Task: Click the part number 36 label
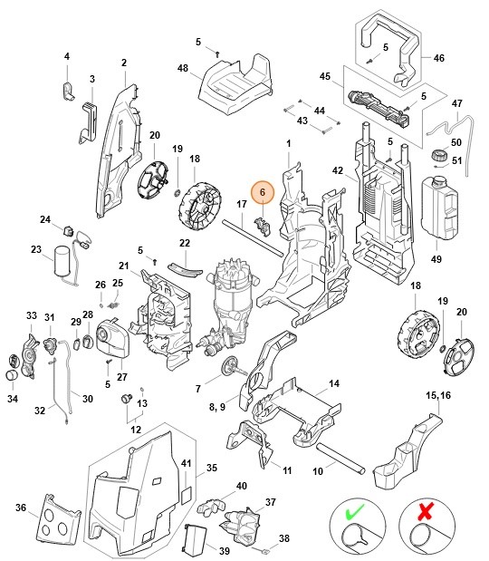click(x=21, y=508)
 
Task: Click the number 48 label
click(x=183, y=68)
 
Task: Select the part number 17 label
click(x=242, y=204)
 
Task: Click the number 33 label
click(x=32, y=315)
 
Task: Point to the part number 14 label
click(x=334, y=384)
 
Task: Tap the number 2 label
click(x=123, y=63)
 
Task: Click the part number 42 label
click(x=337, y=170)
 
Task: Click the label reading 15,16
click(x=436, y=396)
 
